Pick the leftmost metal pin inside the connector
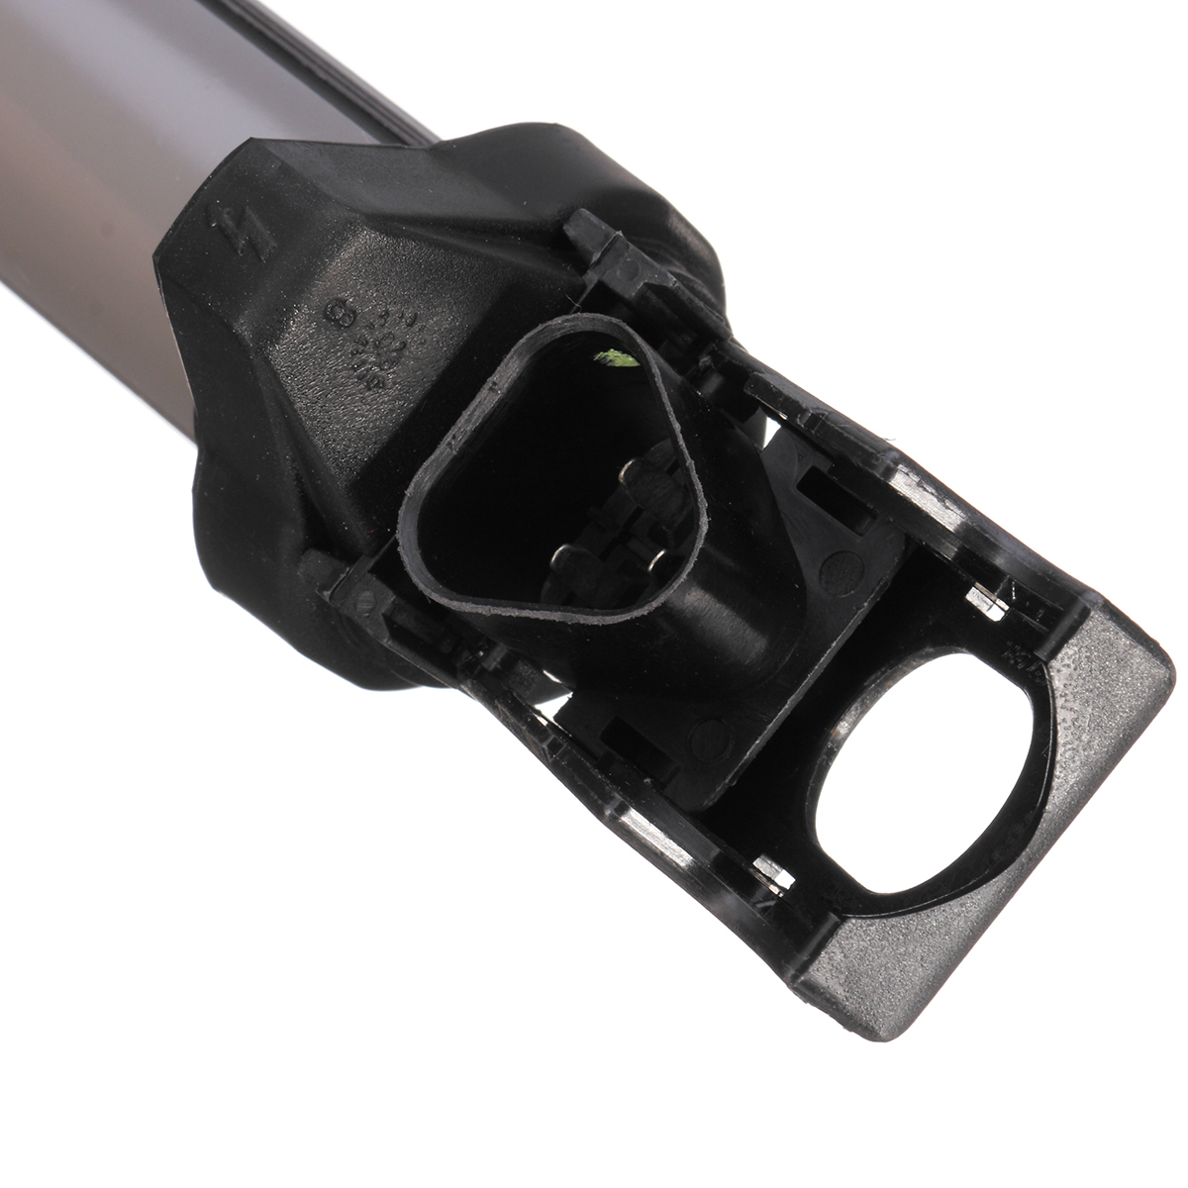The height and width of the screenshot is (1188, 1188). click(x=565, y=559)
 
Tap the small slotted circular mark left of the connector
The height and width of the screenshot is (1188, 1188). click(x=364, y=595)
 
